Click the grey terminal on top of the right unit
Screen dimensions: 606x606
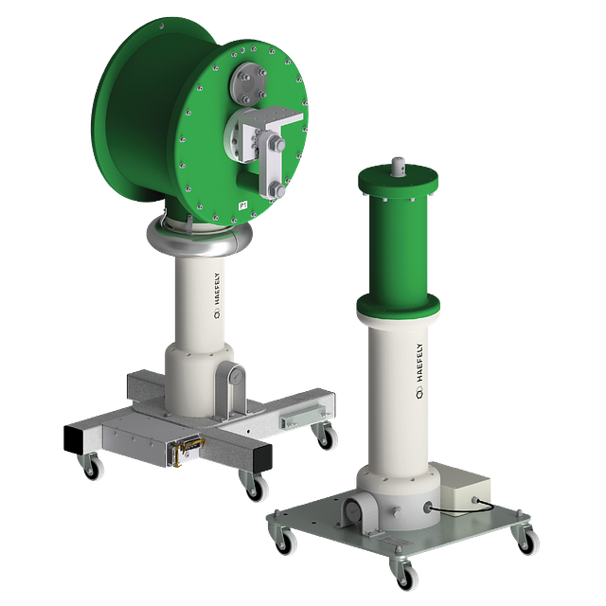tap(399, 167)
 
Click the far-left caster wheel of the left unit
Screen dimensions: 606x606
tap(94, 467)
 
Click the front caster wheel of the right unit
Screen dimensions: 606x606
tap(402, 573)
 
